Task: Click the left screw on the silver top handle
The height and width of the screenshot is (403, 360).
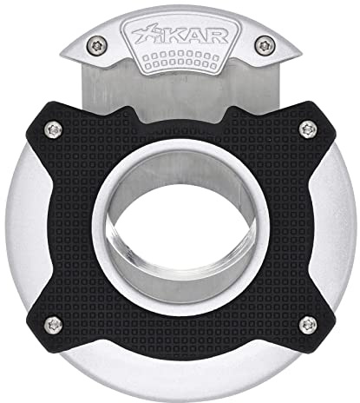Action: click(97, 45)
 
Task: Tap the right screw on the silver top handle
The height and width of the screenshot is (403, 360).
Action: click(265, 45)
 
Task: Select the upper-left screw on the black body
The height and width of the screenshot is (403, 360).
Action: click(54, 130)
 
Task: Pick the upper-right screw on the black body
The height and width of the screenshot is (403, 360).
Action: click(308, 129)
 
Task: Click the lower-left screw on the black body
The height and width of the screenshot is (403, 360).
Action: click(54, 325)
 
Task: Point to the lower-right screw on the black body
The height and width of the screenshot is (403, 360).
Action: click(308, 325)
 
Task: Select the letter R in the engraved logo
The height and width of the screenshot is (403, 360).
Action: click(217, 36)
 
